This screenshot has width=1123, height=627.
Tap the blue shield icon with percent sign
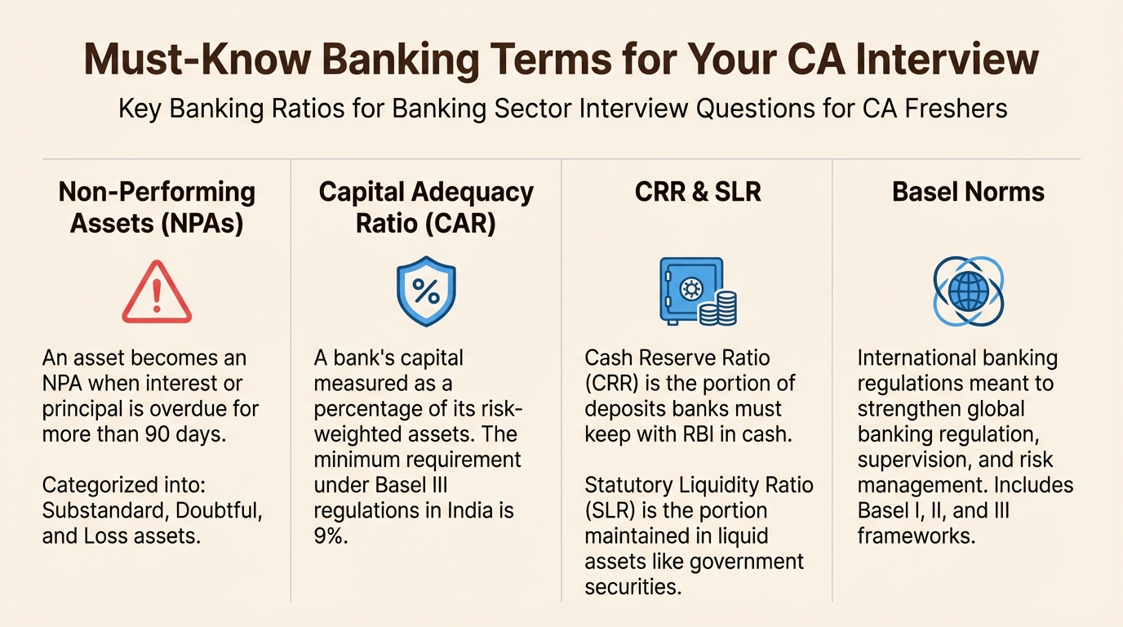coord(426,292)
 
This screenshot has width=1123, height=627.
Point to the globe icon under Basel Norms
coord(968,292)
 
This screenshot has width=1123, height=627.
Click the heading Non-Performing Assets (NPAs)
coord(157,207)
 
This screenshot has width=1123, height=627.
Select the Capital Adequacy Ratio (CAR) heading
coord(426,207)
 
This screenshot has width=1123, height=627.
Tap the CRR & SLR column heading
coord(697,193)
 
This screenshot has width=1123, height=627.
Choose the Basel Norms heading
coord(968,193)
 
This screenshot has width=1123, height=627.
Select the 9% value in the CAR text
coord(331,536)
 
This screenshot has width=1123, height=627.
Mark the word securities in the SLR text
coord(633,587)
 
